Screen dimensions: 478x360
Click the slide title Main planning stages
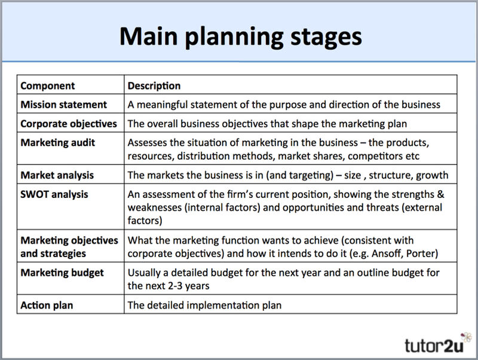point(241,37)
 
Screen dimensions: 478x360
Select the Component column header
point(48,86)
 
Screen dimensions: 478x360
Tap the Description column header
point(154,86)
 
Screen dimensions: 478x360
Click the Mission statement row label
point(64,105)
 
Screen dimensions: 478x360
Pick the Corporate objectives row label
point(69,124)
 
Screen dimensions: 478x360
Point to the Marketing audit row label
point(57,143)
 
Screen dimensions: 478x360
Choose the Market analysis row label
point(57,175)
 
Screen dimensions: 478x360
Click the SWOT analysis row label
point(54,194)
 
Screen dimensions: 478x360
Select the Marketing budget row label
point(62,273)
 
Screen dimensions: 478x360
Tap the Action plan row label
point(47,305)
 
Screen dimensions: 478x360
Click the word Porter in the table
point(422,254)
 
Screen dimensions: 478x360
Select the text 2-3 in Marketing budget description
point(175,286)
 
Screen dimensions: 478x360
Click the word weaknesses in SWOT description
point(155,208)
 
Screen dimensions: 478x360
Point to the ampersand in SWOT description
point(441,194)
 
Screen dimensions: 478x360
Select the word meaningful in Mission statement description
point(162,105)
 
